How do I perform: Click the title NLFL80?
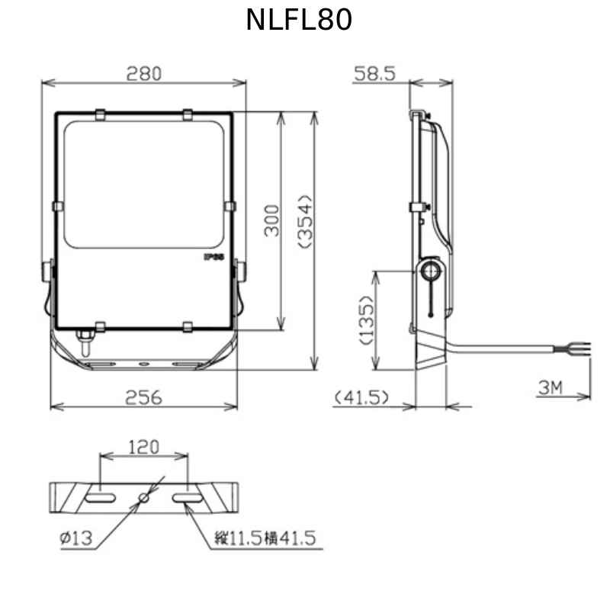click(299, 21)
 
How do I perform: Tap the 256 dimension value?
click(143, 397)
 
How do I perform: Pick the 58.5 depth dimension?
click(374, 74)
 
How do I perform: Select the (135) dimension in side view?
click(367, 319)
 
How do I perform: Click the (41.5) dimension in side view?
click(361, 397)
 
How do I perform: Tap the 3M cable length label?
click(551, 388)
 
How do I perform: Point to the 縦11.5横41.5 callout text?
click(265, 538)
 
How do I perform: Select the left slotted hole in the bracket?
click(100, 497)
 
